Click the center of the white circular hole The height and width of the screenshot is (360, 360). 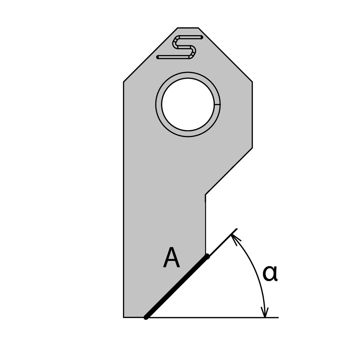point(188,104)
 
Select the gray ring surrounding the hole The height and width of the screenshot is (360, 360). point(159,104)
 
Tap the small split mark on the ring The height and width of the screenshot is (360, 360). point(217,104)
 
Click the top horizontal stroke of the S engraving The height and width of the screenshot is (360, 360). point(190,37)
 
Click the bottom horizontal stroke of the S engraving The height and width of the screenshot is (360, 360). point(172,57)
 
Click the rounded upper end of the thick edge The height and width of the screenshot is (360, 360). point(207,256)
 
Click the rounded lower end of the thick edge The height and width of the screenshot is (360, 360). point(146,317)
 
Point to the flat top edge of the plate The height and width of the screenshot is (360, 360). point(188,28)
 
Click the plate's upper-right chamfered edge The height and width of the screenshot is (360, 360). point(225,55)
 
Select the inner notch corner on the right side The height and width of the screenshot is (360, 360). point(206,194)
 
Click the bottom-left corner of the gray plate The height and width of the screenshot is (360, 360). point(124,317)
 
